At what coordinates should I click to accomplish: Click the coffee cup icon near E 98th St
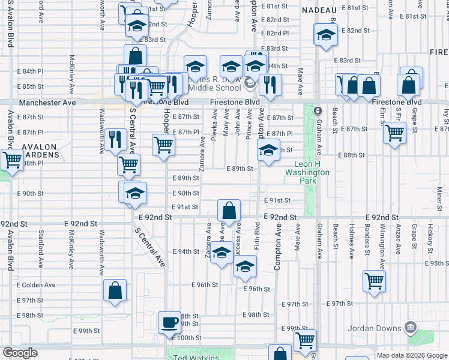pyautogui.click(x=169, y=322)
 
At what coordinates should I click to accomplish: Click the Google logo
pyautogui.click(x=20, y=353)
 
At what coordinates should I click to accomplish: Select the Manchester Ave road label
pyautogui.click(x=47, y=103)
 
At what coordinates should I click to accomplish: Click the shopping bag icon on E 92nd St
pyautogui.click(x=229, y=211)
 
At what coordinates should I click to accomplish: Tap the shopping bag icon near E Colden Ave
pyautogui.click(x=115, y=290)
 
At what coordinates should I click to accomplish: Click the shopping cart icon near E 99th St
pyautogui.click(x=305, y=340)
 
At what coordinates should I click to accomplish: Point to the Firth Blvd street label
pyautogui.click(x=257, y=236)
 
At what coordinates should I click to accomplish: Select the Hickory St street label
pyautogui.click(x=430, y=236)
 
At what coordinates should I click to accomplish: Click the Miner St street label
pyautogui.click(x=439, y=195)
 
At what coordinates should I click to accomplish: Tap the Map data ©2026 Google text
pyautogui.click(x=411, y=355)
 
